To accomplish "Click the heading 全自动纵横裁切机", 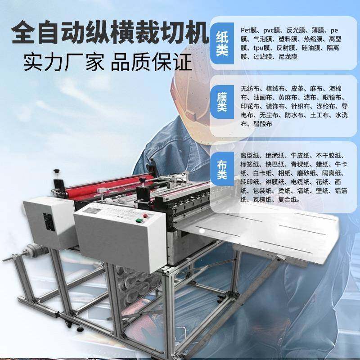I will [109, 32].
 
